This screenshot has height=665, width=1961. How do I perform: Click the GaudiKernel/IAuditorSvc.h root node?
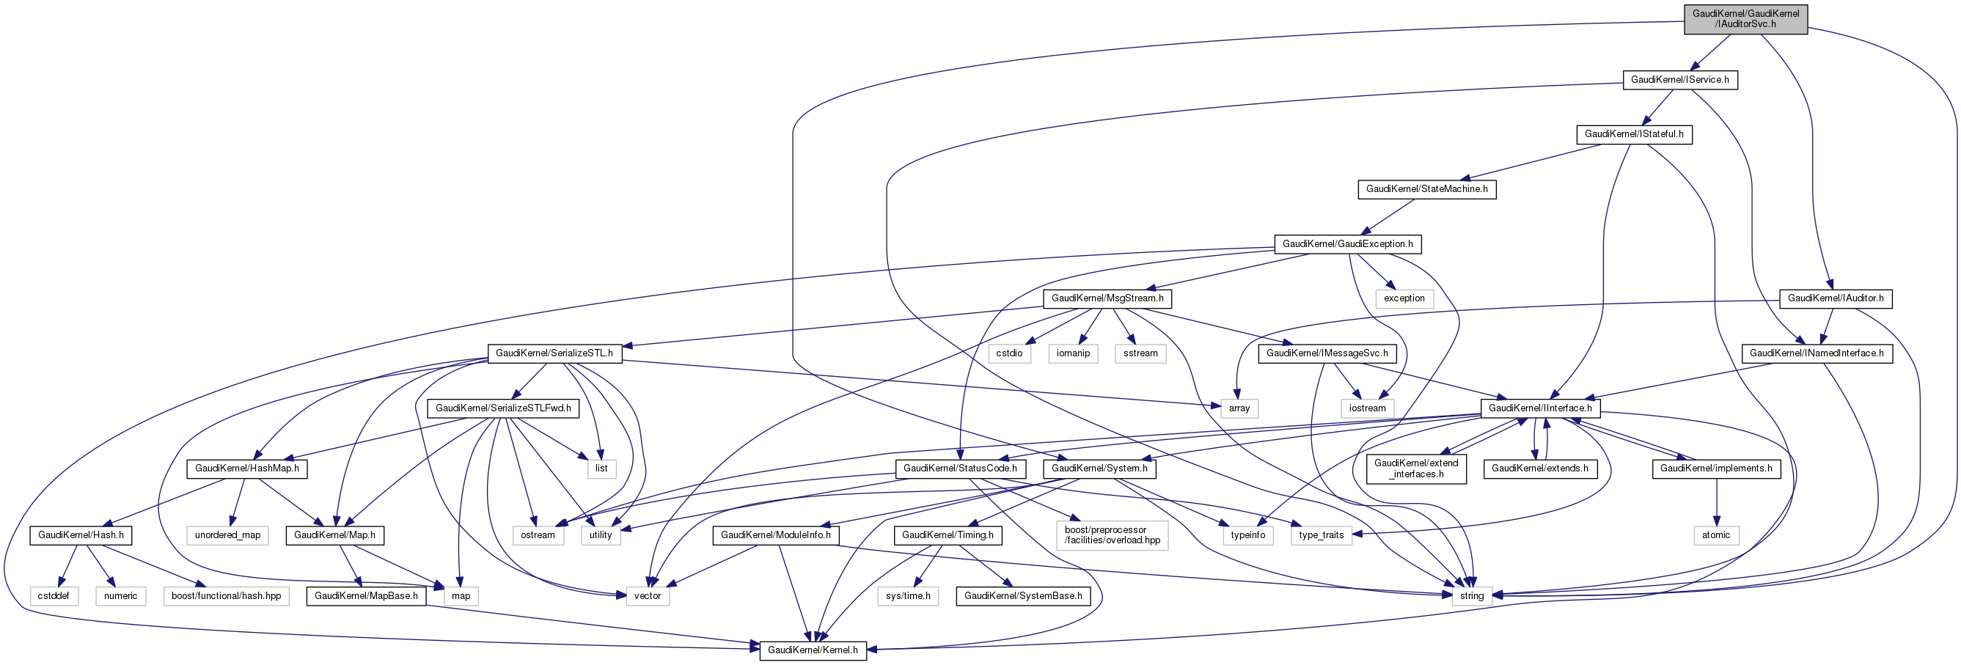[x=1745, y=19]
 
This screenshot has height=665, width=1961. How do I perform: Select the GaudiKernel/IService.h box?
[x=1679, y=80]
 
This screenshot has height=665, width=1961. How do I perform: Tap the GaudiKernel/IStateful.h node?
[x=1634, y=135]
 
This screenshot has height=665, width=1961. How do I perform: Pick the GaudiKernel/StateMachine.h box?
[x=1426, y=189]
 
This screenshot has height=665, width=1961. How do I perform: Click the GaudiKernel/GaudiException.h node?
[x=1346, y=244]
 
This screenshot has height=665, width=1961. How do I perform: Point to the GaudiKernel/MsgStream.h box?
[x=1107, y=298]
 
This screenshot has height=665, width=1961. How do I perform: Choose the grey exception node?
[x=1404, y=298]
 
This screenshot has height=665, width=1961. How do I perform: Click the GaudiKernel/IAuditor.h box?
[x=1836, y=298]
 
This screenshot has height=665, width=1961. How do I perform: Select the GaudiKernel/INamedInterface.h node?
[x=1817, y=353]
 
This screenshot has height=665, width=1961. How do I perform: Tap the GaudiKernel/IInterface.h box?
[x=1539, y=408]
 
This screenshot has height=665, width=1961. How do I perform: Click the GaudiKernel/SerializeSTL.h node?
[x=554, y=353]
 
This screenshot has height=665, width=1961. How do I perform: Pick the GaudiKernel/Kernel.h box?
[x=813, y=650]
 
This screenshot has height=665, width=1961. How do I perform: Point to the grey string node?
[x=1472, y=596]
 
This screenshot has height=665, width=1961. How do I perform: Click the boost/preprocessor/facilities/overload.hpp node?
[x=1112, y=535]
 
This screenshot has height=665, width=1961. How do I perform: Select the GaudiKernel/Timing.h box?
[x=947, y=535]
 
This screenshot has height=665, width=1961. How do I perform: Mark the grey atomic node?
[x=1716, y=535]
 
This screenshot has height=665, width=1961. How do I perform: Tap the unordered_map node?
[x=227, y=535]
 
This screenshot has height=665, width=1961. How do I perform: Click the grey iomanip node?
[x=1073, y=353]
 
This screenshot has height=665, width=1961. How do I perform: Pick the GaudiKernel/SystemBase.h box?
[x=1022, y=596]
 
